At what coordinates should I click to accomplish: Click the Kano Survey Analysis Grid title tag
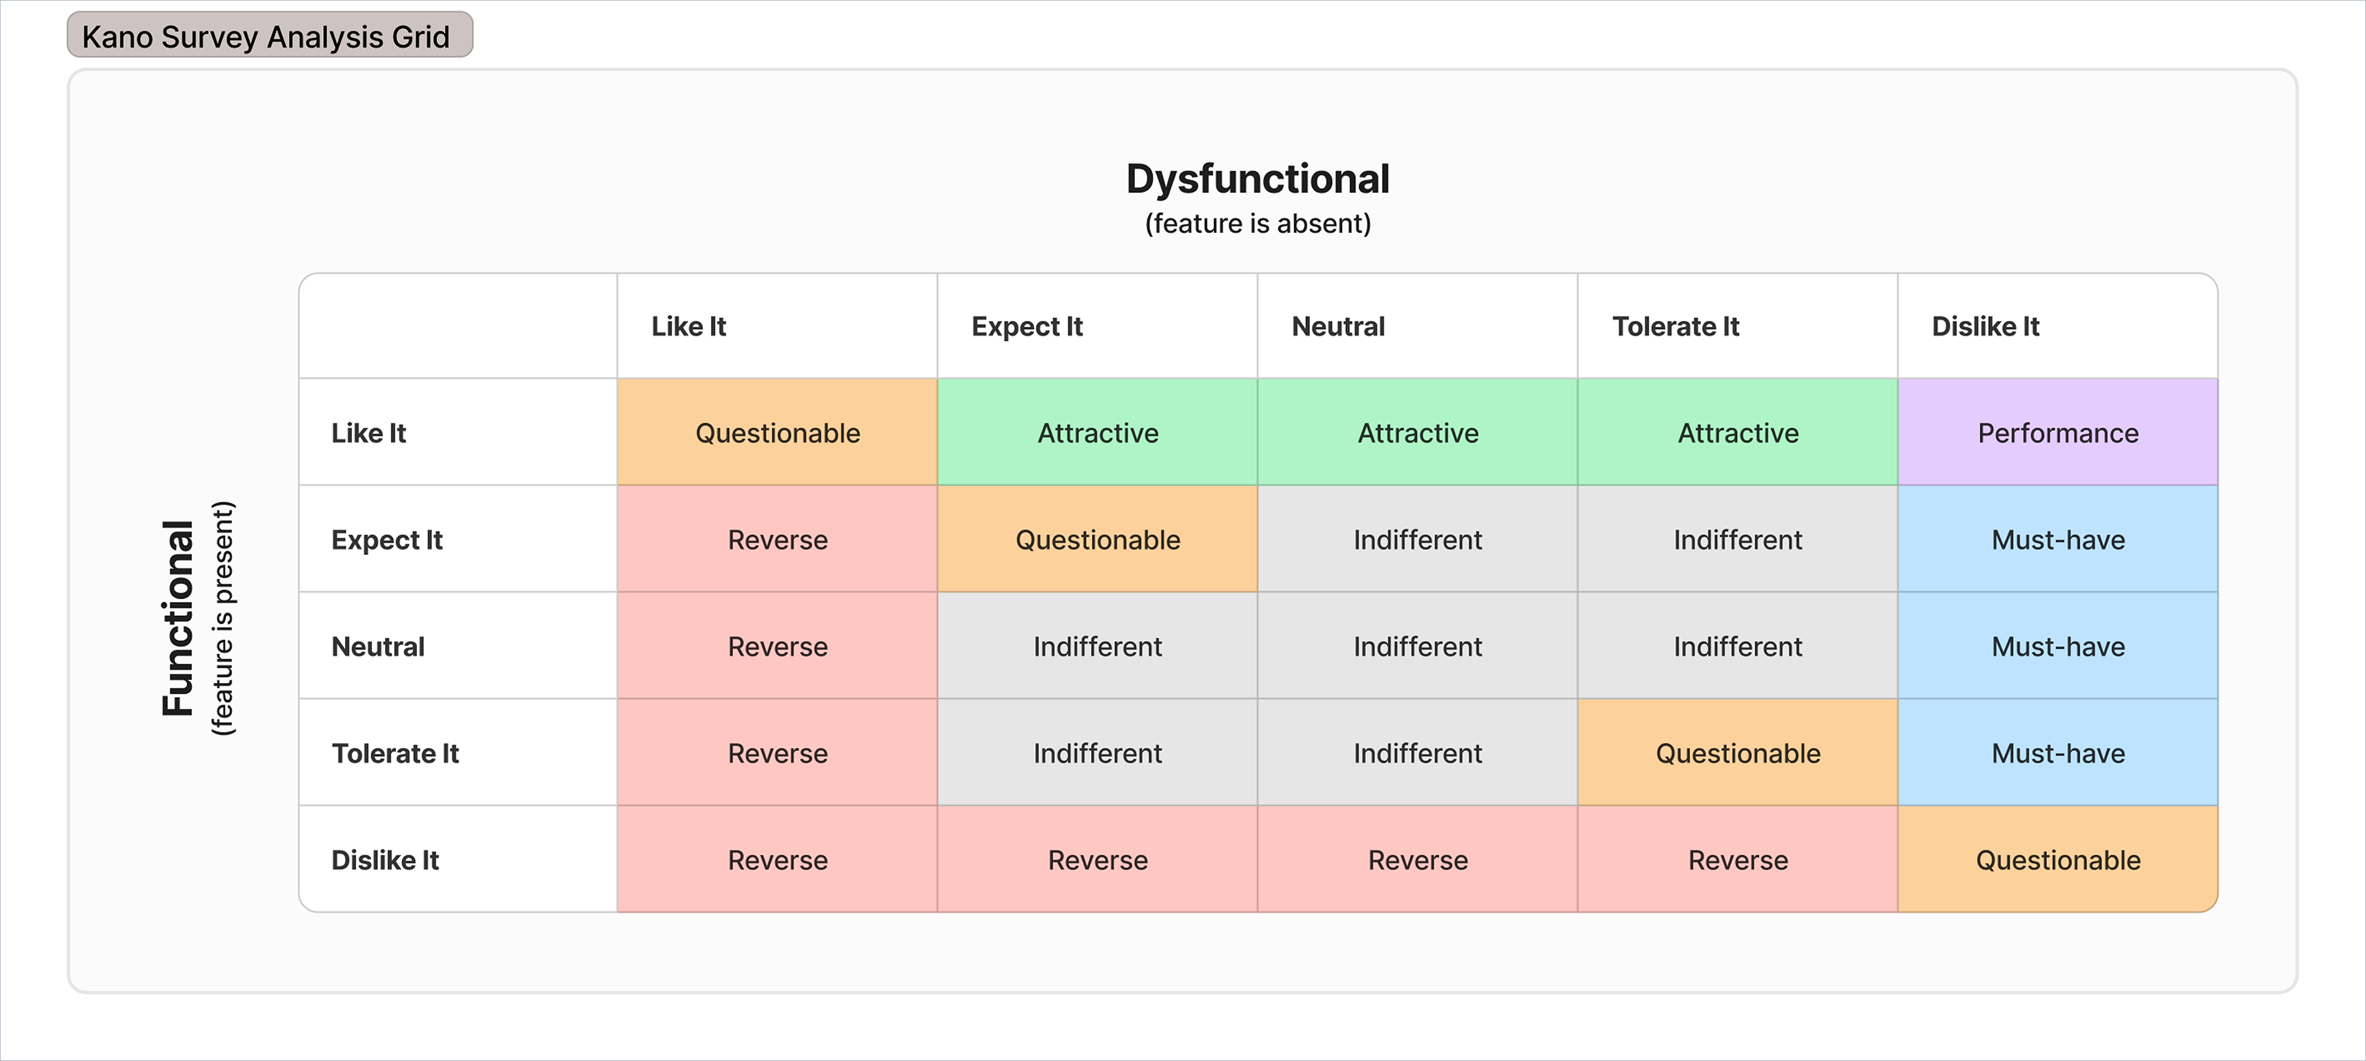click(270, 35)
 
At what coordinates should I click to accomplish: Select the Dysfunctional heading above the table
click(1258, 179)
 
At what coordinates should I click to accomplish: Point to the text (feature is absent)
click(1258, 223)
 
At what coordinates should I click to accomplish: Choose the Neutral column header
click(1338, 326)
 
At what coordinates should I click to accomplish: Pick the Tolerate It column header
click(1675, 326)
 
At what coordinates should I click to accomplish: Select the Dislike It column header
click(1985, 326)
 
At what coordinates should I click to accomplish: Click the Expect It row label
click(387, 540)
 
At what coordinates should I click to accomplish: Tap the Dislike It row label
click(385, 860)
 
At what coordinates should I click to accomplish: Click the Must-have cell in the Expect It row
click(2057, 539)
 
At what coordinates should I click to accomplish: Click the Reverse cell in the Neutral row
click(777, 646)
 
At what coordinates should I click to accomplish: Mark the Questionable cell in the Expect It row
click(1097, 539)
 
